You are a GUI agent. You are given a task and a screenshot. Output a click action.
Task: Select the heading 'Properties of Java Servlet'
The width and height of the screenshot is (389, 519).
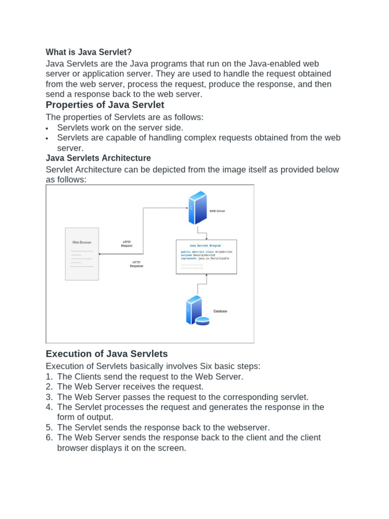(x=105, y=105)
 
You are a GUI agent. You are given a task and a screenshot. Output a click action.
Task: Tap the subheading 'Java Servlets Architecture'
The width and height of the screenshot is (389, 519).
(x=98, y=158)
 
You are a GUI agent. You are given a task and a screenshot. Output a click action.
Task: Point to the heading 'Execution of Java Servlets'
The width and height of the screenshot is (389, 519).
(x=106, y=353)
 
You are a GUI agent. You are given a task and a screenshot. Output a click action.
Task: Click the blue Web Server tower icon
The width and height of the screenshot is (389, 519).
(x=198, y=208)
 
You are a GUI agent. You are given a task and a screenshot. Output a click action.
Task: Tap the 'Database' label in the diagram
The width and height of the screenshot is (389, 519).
(x=220, y=311)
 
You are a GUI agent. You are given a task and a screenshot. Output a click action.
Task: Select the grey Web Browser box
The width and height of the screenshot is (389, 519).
(x=82, y=254)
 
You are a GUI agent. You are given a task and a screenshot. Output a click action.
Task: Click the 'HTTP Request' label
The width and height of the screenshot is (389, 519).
(x=127, y=244)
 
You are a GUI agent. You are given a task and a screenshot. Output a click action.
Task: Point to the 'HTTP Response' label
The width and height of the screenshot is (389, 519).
(x=136, y=264)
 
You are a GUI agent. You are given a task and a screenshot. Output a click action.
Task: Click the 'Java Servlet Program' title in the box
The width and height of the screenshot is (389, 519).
(x=206, y=245)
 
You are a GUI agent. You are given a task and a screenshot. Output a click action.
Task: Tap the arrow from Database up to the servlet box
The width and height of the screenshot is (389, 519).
(x=206, y=284)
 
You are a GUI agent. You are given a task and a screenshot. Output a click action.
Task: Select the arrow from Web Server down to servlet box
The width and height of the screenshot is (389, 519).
(x=206, y=232)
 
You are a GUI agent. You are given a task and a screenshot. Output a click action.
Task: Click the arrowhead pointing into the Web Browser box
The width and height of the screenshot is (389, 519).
(x=100, y=254)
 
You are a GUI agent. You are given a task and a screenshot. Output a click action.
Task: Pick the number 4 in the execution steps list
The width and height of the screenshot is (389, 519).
(x=49, y=407)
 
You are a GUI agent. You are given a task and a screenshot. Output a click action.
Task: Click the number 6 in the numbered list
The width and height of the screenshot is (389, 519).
(x=49, y=437)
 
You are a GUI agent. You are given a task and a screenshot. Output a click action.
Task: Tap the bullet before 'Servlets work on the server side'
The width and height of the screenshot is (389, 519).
(x=47, y=129)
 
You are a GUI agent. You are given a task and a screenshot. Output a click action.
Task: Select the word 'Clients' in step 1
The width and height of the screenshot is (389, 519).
(x=87, y=377)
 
